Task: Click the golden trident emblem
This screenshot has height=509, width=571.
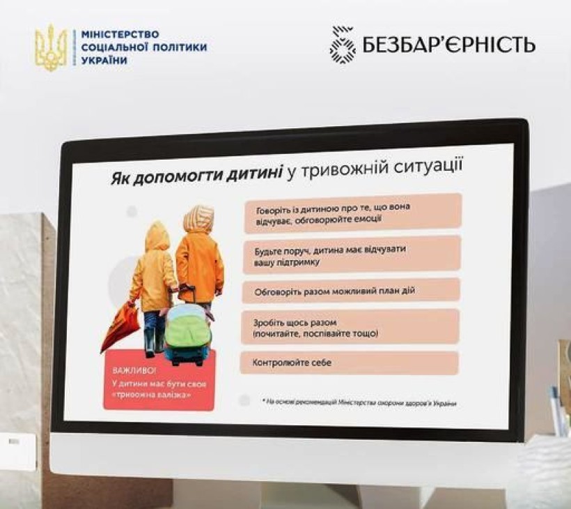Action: click(x=51, y=48)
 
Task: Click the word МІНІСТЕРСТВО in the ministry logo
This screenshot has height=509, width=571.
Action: click(x=120, y=35)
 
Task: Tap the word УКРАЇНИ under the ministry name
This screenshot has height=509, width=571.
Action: click(x=104, y=60)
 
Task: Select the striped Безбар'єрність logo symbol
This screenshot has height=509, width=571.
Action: click(x=343, y=44)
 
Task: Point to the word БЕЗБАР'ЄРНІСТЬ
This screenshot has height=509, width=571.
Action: click(x=449, y=44)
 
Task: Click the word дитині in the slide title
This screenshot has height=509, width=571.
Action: click(x=254, y=173)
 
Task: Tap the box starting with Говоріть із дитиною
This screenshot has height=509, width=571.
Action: click(x=353, y=213)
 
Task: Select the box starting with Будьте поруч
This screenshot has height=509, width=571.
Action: click(x=352, y=255)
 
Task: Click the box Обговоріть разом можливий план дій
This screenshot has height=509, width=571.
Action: click(x=351, y=291)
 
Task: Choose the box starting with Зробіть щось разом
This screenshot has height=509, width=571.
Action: click(x=350, y=327)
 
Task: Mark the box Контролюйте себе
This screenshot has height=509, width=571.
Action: click(x=350, y=363)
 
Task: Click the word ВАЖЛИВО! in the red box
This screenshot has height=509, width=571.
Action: click(x=134, y=371)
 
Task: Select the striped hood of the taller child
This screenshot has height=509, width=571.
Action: click(x=198, y=219)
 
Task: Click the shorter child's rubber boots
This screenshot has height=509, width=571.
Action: click(x=155, y=342)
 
